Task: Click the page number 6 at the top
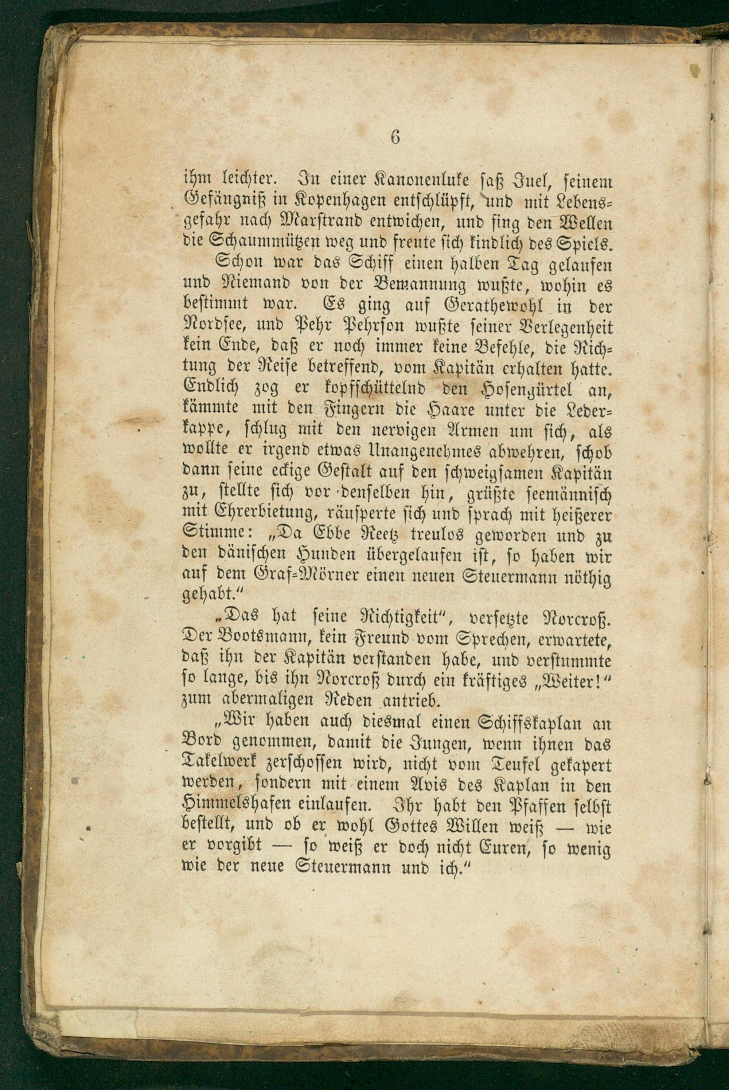click(395, 138)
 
